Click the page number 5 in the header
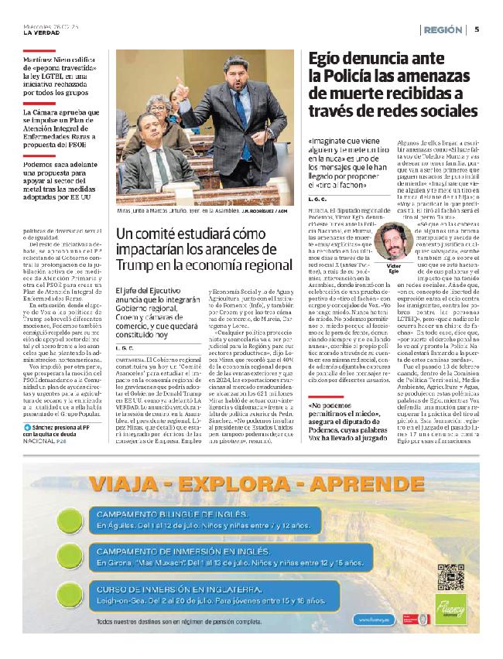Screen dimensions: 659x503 pyautogui.click(x=477, y=29)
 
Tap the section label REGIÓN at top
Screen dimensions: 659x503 pyautogui.click(x=443, y=29)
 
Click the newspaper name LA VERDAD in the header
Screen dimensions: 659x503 pyautogui.click(x=40, y=32)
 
